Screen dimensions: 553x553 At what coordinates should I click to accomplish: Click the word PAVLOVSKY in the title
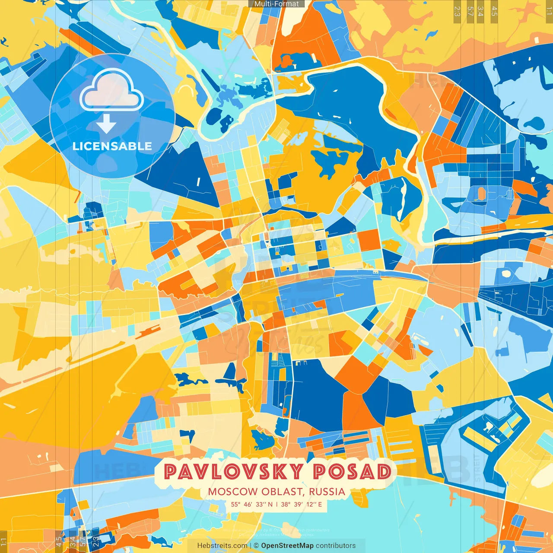click(x=233, y=471)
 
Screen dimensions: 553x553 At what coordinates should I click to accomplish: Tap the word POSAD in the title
click(x=352, y=471)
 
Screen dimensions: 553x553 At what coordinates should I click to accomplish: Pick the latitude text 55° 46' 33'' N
click(x=251, y=504)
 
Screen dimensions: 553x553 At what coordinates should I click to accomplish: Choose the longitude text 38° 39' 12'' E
click(x=302, y=504)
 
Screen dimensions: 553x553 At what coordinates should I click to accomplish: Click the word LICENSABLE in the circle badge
click(x=112, y=146)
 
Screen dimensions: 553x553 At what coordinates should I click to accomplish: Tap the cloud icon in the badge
click(x=111, y=89)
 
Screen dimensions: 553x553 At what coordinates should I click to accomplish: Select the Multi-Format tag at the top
click(x=276, y=4)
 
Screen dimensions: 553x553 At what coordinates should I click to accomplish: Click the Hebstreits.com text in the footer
click(x=222, y=546)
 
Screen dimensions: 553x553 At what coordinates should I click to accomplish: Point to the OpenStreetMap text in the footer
click(x=287, y=546)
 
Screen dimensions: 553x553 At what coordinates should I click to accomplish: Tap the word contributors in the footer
click(x=336, y=546)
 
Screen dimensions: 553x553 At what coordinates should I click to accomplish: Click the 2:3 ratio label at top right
click(x=457, y=11)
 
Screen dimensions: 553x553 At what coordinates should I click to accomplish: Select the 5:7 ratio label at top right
click(x=470, y=11)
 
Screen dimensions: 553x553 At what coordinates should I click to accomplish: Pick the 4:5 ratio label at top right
click(x=494, y=11)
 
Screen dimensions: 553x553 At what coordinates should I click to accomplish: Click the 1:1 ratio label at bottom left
click(x=3, y=542)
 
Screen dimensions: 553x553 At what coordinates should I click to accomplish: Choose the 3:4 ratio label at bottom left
click(x=73, y=542)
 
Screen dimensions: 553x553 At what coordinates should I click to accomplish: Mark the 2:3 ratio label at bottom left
click(x=95, y=542)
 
